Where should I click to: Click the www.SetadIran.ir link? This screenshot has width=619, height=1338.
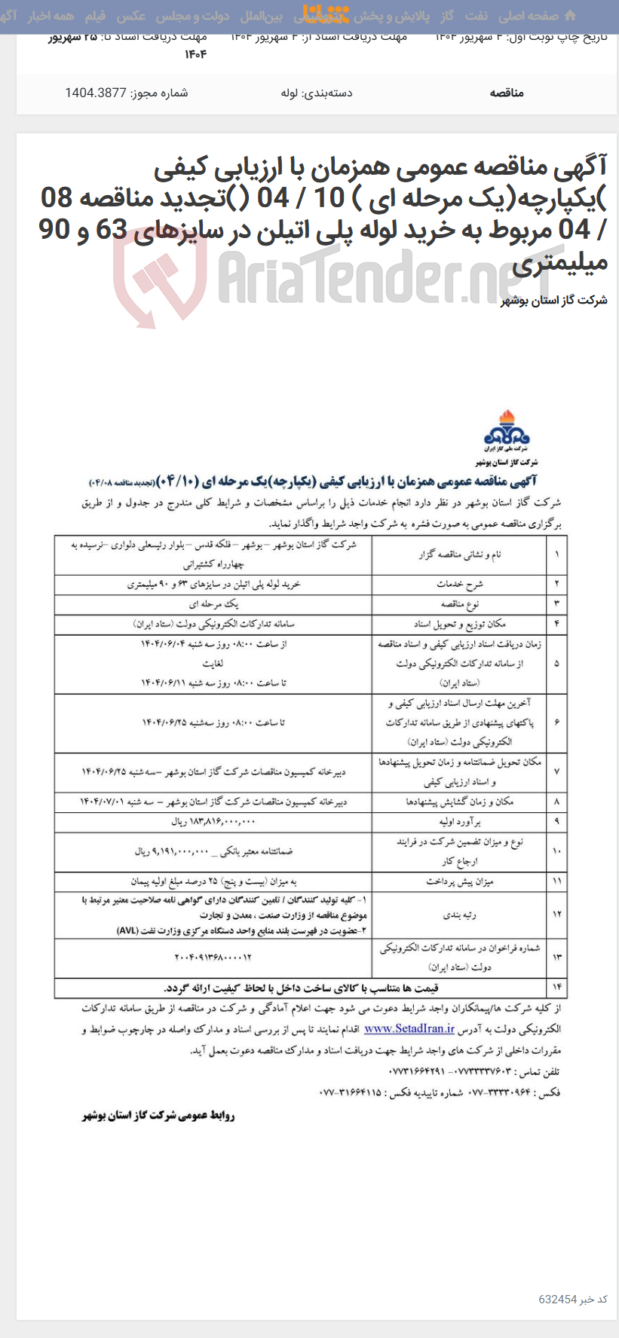[x=409, y=1028]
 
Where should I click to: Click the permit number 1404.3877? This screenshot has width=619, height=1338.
[x=127, y=93]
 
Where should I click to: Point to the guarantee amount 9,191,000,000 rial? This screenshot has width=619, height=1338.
[x=213, y=851]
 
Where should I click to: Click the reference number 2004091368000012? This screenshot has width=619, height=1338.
[x=213, y=957]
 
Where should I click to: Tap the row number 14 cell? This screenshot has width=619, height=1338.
[x=556, y=988]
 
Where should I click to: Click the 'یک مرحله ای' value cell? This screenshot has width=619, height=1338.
[x=213, y=603]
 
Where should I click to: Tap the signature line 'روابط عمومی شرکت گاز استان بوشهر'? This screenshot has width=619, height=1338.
[x=158, y=1116]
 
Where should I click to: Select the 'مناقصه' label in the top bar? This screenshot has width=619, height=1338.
[x=507, y=93]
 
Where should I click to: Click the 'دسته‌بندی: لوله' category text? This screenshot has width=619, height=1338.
[x=317, y=93]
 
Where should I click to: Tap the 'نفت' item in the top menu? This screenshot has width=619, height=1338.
[x=476, y=15]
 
